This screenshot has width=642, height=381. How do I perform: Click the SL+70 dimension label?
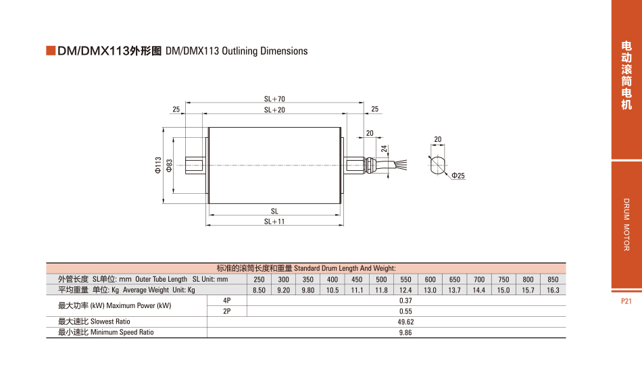click(274, 99)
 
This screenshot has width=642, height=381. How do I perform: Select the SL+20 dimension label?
click(274, 109)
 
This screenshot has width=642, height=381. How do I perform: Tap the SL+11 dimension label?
click(274, 222)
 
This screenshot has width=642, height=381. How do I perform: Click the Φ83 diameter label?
click(169, 166)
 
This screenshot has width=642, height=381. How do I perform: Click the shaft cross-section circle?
click(437, 166)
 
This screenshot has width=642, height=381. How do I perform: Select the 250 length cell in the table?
click(259, 280)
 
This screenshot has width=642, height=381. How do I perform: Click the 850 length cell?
click(553, 280)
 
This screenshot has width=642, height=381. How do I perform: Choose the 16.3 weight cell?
click(553, 290)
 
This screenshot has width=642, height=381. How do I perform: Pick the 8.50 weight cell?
click(259, 290)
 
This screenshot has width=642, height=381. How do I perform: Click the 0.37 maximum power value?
click(405, 301)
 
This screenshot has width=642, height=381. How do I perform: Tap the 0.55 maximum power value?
click(405, 311)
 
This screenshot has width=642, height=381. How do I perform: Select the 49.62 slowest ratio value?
click(405, 322)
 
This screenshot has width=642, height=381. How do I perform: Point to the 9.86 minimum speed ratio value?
click(405, 333)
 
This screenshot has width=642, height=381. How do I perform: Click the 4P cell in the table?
click(226, 301)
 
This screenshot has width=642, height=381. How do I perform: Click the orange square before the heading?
click(50, 51)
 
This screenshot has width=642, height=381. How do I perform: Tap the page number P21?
click(626, 301)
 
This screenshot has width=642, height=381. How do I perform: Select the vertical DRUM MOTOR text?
click(626, 224)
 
